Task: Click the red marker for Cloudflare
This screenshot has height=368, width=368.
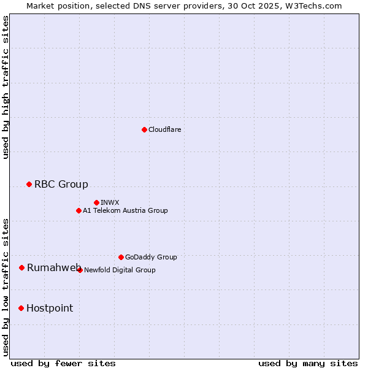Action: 144,129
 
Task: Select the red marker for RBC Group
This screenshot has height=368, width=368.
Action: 29,184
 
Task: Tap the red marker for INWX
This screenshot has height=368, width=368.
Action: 96,202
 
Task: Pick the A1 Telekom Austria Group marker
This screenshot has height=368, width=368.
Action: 79,210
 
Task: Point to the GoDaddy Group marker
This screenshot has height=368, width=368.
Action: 121,257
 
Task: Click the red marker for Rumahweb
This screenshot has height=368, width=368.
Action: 21,267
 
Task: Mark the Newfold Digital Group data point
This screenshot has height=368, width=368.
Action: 80,270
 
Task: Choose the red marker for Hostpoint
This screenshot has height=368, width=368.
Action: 21,308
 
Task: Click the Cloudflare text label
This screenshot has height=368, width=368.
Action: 165,129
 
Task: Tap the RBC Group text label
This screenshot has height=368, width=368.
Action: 61,184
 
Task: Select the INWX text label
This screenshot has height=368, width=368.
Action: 110,202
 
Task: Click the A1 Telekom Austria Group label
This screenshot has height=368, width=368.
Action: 125,210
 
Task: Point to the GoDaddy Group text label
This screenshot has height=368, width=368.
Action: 151,257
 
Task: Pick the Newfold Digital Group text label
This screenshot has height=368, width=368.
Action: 120,270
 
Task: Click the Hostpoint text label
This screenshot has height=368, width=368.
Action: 50,308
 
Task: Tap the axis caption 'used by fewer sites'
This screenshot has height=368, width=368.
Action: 63,363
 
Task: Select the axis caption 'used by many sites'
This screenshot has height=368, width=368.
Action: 308,363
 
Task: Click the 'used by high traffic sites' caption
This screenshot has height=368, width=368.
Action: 6,87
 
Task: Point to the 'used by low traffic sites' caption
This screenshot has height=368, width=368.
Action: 6,287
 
